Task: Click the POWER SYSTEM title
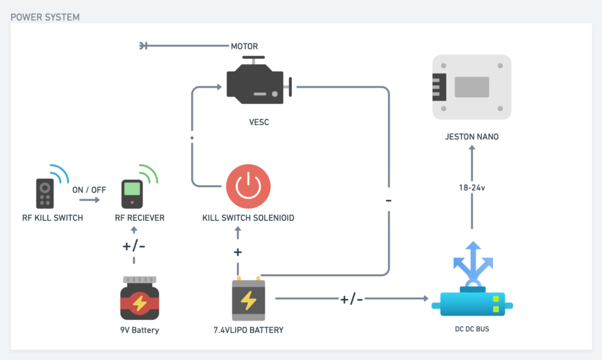[45, 16]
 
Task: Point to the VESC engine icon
[257, 82]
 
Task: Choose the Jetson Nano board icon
[471, 87]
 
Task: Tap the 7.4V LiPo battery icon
[248, 298]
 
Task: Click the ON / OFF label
[89, 190]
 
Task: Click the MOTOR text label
[244, 46]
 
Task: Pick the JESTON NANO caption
[472, 137]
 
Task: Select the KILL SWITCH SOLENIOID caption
[248, 218]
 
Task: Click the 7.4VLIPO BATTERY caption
[248, 330]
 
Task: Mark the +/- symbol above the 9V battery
[134, 246]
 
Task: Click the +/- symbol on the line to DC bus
[351, 299]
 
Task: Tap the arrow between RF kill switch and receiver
[89, 201]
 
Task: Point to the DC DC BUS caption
[472, 329]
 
